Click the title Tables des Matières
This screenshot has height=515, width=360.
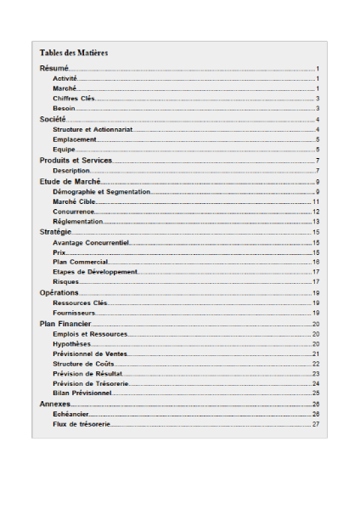[74, 53]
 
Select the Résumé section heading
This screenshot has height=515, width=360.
[54, 68]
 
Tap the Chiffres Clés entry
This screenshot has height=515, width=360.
[73, 98]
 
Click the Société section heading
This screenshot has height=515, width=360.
[53, 120]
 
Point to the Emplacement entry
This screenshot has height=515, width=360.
[75, 139]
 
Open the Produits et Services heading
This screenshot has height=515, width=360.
[76, 161]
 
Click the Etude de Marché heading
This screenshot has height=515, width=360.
[70, 182]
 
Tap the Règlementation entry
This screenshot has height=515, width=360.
[77, 221]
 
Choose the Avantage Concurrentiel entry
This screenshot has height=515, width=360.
[91, 242]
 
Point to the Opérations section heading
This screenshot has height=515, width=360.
[59, 292]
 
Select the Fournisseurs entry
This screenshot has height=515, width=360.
[74, 313]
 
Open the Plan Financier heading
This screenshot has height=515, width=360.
[65, 324]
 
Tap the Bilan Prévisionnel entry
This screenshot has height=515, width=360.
[82, 393]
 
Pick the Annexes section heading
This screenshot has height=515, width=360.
[55, 404]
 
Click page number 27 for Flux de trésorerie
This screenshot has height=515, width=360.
[315, 423]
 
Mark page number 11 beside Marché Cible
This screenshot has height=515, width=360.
[315, 202]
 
